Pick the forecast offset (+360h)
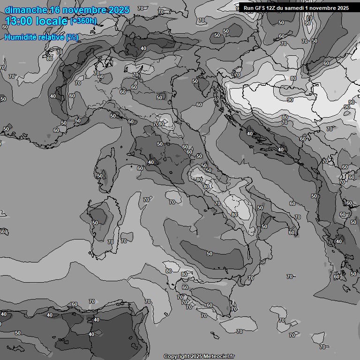click(x=83, y=21)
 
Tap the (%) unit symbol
click(x=72, y=37)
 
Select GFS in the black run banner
click(x=259, y=8)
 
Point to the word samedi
click(x=294, y=8)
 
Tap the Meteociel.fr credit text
click(x=219, y=356)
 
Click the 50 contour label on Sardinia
click(x=95, y=223)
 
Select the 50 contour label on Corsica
click(x=99, y=176)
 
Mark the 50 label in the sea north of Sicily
click(x=209, y=254)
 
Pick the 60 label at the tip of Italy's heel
click(x=292, y=232)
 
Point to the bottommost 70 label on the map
click(x=322, y=347)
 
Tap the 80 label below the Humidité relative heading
click(x=50, y=59)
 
